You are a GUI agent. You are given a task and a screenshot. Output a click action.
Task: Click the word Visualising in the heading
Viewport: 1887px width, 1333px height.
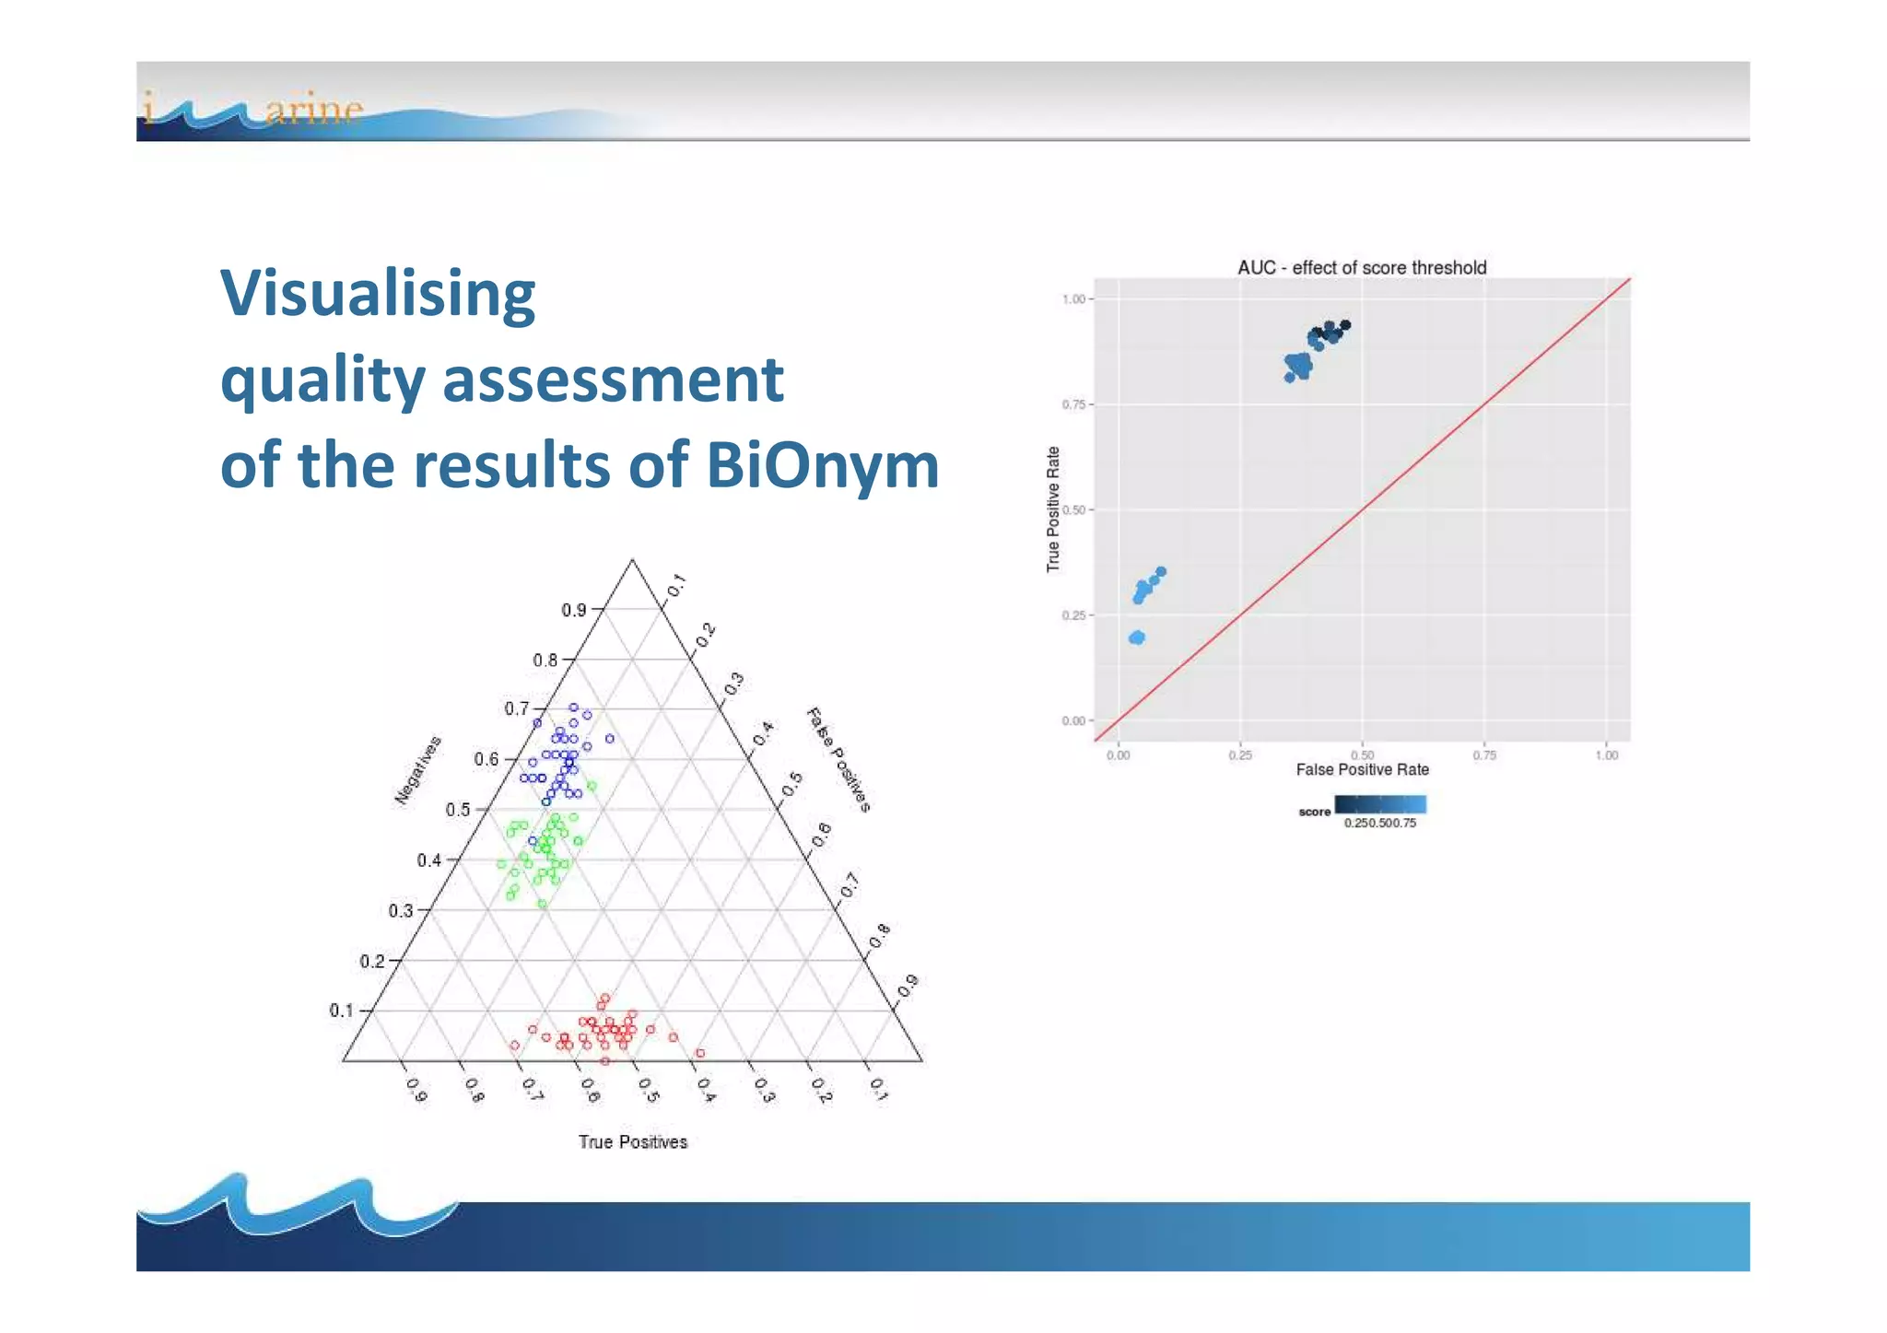(378, 294)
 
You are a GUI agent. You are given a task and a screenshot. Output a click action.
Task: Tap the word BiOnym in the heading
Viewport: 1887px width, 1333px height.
(822, 465)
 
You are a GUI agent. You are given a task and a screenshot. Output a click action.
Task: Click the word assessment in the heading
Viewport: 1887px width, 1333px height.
(613, 380)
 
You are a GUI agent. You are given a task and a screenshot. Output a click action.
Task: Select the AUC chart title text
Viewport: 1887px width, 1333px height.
(1361, 268)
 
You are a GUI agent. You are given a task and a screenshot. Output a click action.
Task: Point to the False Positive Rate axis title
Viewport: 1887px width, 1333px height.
(1362, 769)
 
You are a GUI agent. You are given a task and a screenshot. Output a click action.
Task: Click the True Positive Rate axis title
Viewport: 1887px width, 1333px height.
(1053, 509)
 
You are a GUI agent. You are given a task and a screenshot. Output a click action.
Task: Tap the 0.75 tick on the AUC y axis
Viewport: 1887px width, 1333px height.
(1073, 404)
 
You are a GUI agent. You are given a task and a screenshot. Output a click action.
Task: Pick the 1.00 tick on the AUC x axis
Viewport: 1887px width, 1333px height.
(1606, 755)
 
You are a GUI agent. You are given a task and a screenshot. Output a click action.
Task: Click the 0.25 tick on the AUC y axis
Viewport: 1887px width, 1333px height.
(1073, 615)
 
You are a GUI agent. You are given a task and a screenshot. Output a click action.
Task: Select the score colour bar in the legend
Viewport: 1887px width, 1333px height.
(1380, 804)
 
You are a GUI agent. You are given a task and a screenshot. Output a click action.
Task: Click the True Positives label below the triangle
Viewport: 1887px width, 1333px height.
(633, 1142)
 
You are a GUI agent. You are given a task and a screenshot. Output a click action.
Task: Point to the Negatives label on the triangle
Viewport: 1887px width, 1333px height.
(418, 771)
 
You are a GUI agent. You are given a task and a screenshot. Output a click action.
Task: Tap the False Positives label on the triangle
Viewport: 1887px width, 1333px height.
(838, 760)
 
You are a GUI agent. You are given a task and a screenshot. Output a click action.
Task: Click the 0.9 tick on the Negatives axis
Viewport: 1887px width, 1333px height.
(573, 610)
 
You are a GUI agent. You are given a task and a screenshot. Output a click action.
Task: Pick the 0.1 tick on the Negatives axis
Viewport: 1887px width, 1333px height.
(341, 1011)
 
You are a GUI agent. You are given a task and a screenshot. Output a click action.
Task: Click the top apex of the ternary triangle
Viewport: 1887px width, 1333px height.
(632, 559)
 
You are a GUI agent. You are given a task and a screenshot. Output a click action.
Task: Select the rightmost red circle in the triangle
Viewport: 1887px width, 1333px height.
(700, 1053)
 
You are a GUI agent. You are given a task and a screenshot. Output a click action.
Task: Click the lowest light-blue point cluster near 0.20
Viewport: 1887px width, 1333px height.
(1137, 637)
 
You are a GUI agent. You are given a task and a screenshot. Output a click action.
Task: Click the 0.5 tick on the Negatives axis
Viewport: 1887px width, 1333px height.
(458, 810)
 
